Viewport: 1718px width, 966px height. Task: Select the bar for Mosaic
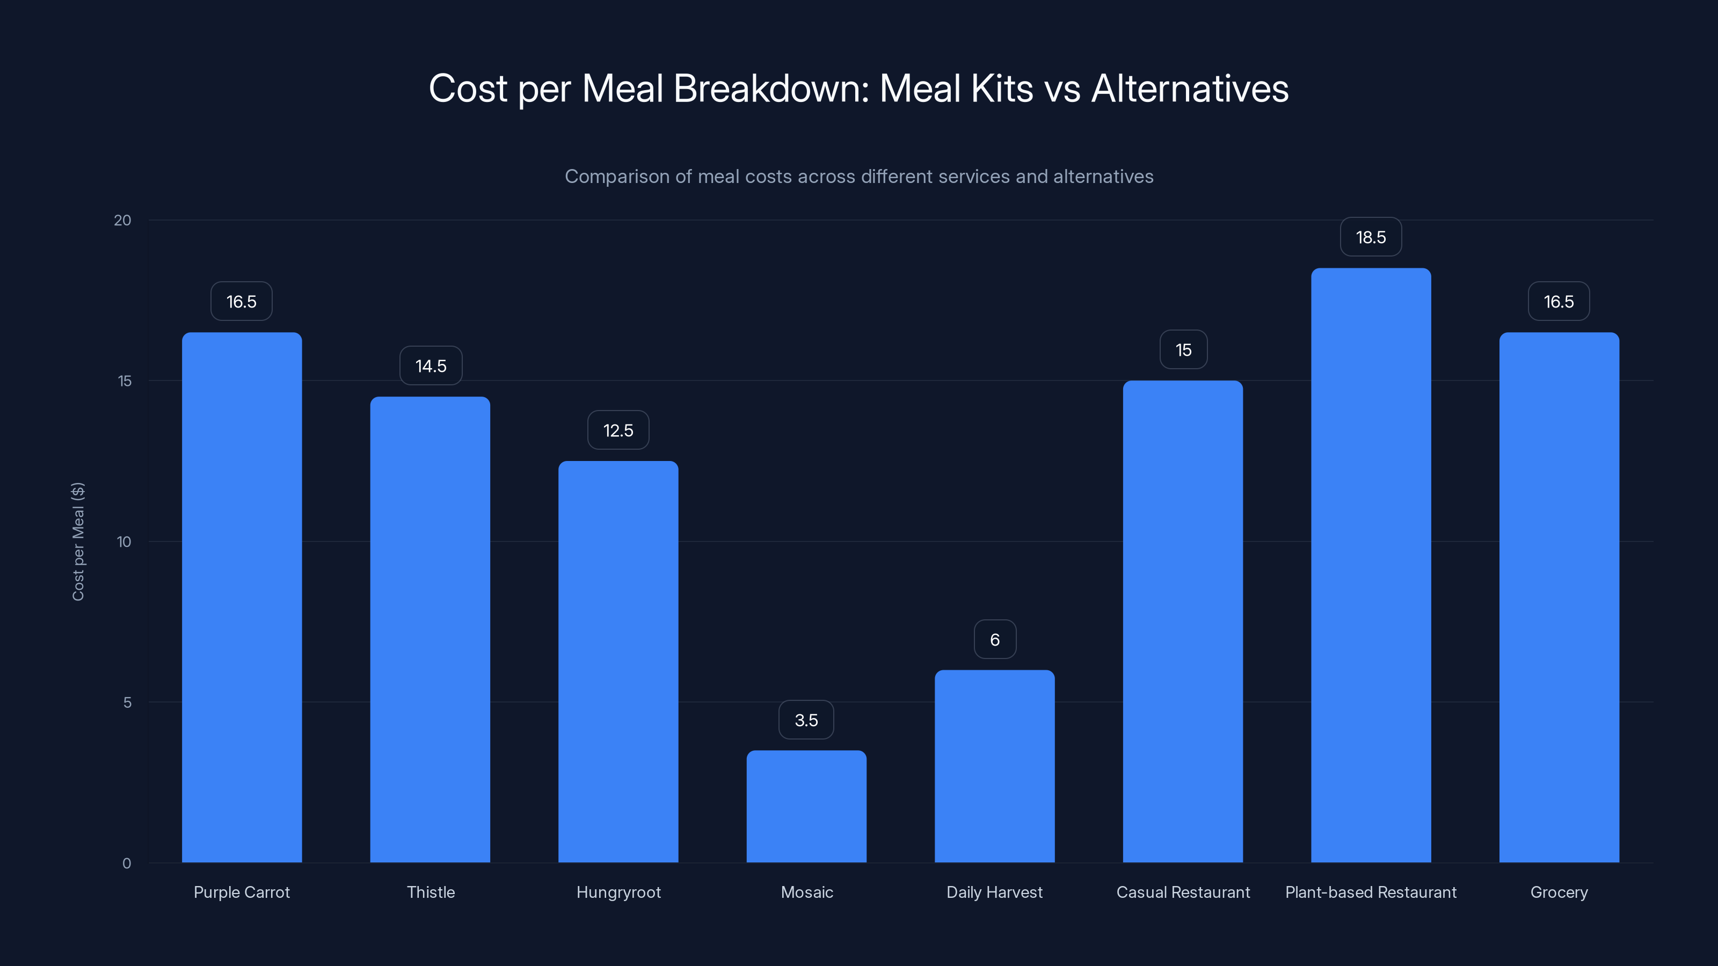tap(806, 807)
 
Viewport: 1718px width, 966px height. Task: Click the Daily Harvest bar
tap(994, 767)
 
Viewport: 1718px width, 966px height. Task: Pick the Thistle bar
tap(430, 630)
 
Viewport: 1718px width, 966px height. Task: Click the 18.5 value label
tap(1371, 237)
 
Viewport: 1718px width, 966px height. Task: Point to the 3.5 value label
tap(806, 720)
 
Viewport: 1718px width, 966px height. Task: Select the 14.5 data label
tap(431, 366)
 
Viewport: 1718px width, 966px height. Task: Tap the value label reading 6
tap(994, 640)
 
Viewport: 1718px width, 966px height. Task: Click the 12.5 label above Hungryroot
tap(618, 430)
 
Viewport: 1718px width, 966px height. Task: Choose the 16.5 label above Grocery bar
tap(1559, 302)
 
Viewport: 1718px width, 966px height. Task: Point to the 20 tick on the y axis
tap(123, 221)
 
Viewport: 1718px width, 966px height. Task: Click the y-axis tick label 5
tap(127, 702)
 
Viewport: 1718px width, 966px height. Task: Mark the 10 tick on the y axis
tap(124, 542)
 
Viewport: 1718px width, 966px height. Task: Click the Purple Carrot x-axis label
tap(242, 892)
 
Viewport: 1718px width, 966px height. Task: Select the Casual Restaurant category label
tap(1183, 892)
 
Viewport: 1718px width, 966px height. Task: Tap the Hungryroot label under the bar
tap(618, 892)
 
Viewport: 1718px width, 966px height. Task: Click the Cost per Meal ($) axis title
tap(78, 541)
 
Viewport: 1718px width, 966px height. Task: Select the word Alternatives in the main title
tap(1190, 89)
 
